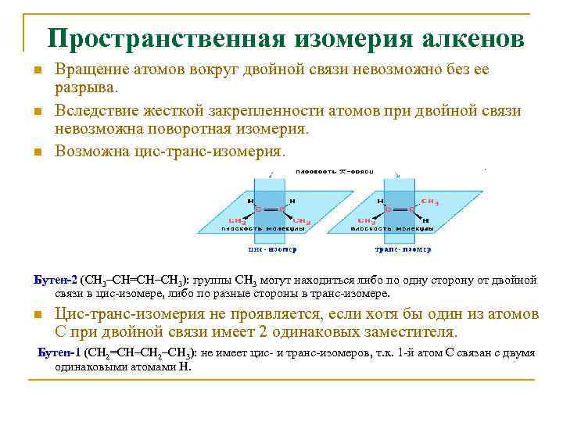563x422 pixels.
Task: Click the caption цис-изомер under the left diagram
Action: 272,250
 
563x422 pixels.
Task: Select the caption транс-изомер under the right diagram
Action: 403,250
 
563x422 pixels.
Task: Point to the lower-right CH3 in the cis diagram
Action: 302,223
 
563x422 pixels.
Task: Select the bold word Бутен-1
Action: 59,352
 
